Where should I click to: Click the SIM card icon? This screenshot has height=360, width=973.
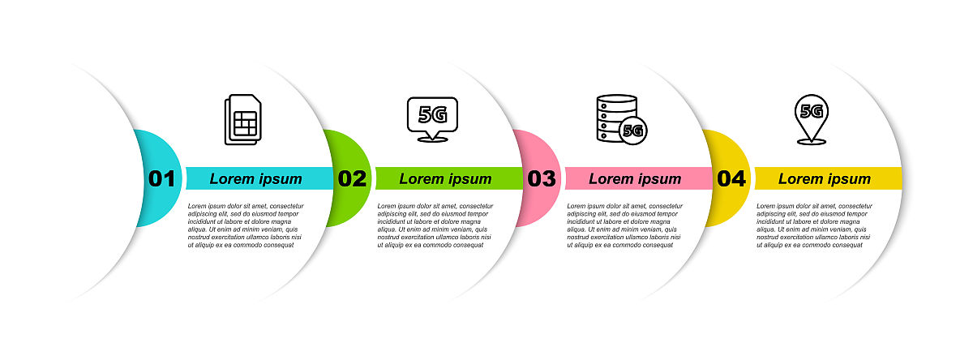[x=242, y=119]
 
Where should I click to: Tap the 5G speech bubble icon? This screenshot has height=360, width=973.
[x=432, y=119]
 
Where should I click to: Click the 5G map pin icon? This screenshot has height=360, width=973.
[x=812, y=119]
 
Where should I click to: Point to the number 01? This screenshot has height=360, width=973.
[x=161, y=178]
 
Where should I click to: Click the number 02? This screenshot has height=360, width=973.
[x=352, y=178]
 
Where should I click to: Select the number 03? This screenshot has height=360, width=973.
[x=542, y=178]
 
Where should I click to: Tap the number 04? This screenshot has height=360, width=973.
[x=731, y=178]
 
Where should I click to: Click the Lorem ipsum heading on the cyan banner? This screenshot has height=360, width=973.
[x=256, y=179]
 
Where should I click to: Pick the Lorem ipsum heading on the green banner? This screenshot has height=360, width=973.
[x=445, y=179]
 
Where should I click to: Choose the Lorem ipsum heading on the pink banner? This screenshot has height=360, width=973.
[x=635, y=179]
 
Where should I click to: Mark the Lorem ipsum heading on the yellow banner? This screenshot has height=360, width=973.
[x=825, y=179]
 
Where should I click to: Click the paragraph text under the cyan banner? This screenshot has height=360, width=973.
[x=246, y=225]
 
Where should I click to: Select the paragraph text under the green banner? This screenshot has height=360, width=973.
[x=435, y=225]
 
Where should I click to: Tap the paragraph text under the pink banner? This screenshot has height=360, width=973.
[x=624, y=225]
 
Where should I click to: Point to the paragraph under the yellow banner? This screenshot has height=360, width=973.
[x=814, y=225]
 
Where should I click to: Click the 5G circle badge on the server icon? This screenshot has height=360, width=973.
[x=633, y=131]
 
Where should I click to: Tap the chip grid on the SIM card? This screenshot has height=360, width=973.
[x=245, y=124]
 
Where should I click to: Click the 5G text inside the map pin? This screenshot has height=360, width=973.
[x=812, y=111]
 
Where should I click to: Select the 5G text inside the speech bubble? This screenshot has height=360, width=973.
[x=433, y=114]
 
